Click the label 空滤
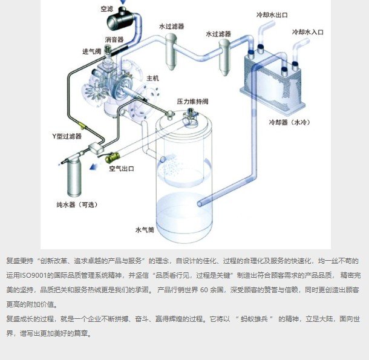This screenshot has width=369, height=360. click(107, 9)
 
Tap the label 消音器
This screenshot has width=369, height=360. click(114, 39)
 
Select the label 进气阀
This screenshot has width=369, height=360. click(92, 51)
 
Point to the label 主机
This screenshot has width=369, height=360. click(152, 79)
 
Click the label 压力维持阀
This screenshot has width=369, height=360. click(192, 100)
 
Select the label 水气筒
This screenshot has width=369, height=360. click(145, 230)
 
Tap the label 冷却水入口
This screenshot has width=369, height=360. click(307, 31)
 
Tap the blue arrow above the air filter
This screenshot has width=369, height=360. click(123, 3)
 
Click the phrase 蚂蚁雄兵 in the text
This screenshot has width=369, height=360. click(256, 318)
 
